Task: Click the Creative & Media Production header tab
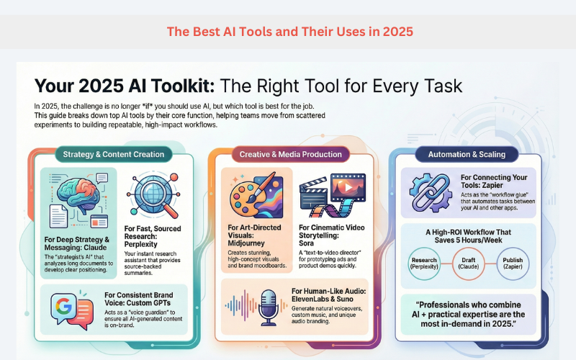290,154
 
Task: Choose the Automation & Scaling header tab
467,154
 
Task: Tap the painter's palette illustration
257,194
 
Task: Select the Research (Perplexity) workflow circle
427,264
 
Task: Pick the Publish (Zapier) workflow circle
512,264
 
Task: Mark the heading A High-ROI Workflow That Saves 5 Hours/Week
469,235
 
